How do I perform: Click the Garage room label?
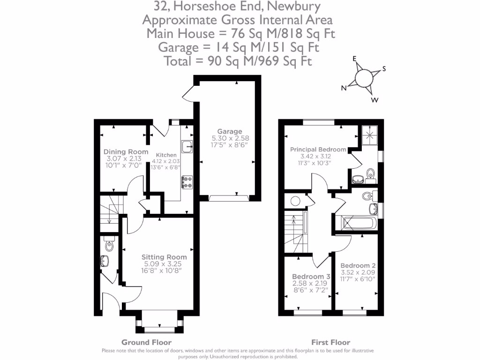(229, 131)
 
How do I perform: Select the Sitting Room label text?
(164, 257)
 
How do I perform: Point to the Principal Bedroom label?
(318, 150)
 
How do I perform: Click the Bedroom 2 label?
(357, 265)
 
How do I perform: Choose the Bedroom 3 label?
(308, 277)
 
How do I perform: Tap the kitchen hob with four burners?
(187, 182)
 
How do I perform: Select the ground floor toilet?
(109, 245)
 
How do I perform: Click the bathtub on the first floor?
(357, 223)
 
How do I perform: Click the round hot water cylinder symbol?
(295, 202)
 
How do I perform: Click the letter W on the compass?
(375, 100)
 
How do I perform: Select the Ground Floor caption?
(146, 342)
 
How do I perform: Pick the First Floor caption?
(330, 342)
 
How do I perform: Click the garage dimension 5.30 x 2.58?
(229, 138)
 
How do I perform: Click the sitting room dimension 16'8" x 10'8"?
(164, 270)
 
